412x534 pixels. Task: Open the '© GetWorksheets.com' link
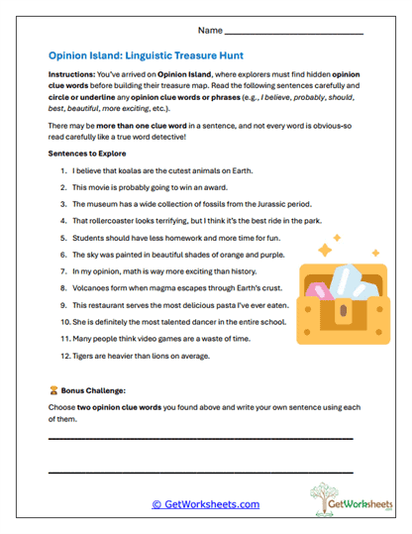tap(206, 503)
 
